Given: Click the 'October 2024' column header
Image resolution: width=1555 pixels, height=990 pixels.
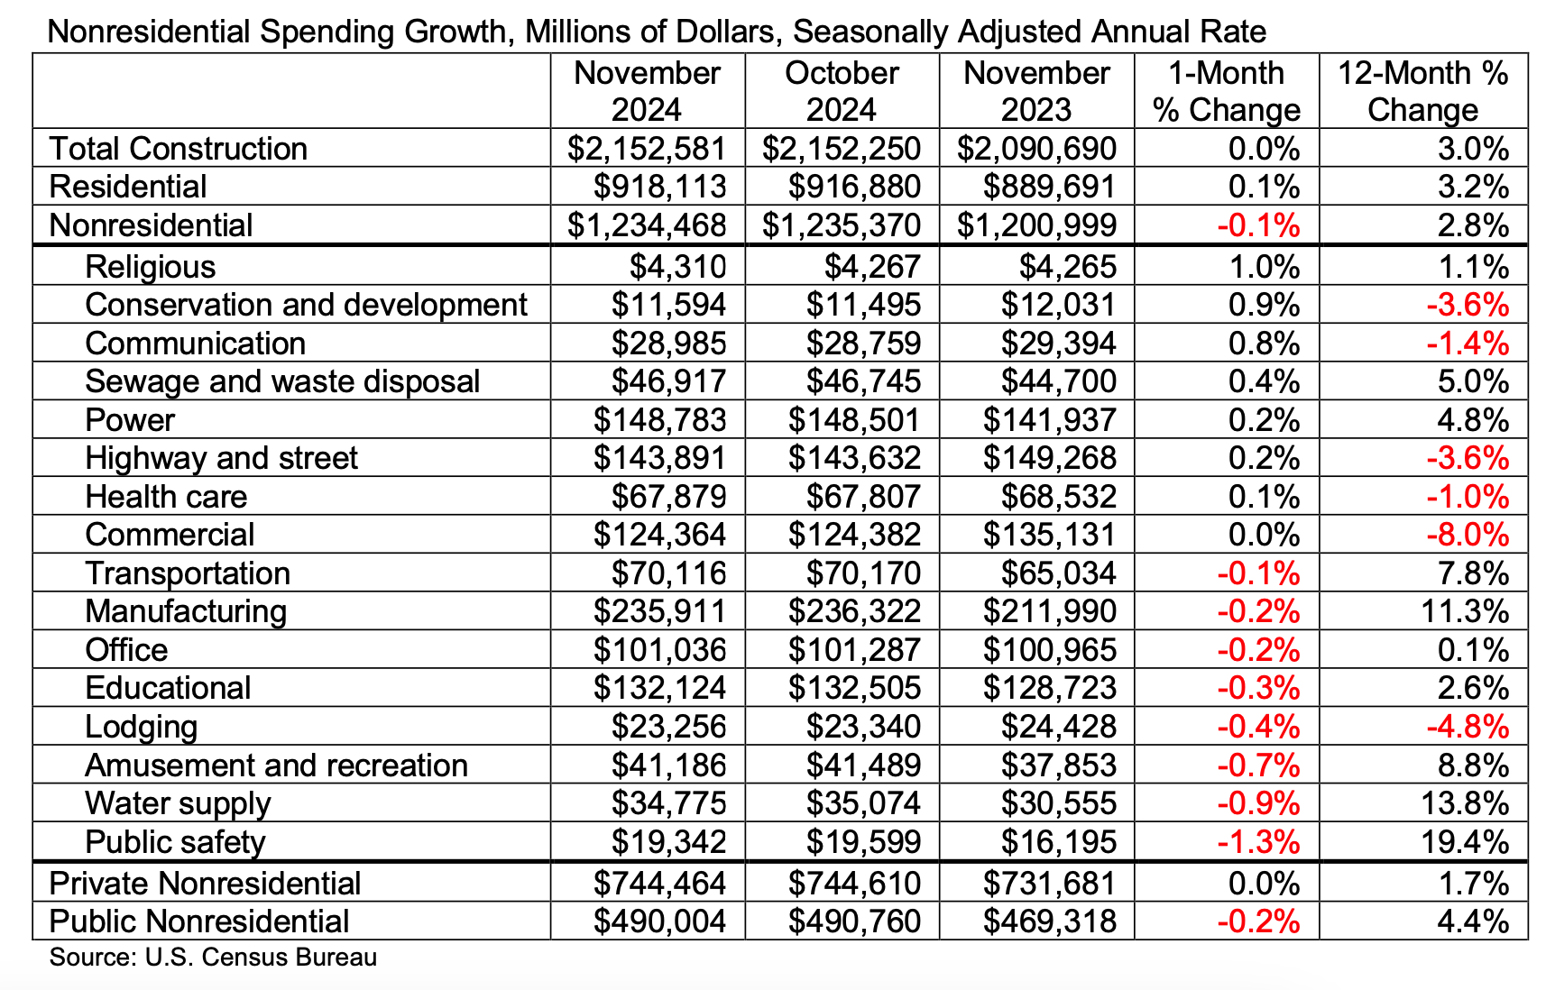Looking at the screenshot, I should [842, 91].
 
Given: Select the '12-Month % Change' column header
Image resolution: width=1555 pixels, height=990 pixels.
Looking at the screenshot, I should [1422, 91].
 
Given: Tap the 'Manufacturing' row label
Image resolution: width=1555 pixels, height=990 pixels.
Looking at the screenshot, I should [186, 611].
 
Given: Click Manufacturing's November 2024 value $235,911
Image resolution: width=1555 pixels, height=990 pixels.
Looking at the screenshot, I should [659, 611].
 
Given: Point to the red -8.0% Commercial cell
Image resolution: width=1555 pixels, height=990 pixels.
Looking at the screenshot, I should [1468, 535].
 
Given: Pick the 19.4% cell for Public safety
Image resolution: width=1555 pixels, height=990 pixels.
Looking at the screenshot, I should [1465, 842].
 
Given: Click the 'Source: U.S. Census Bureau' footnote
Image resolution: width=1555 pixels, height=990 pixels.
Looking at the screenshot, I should [213, 958].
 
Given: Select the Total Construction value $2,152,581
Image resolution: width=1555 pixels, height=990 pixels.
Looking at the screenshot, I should [647, 149].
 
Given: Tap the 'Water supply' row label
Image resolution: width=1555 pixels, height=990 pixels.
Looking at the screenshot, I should [178, 803].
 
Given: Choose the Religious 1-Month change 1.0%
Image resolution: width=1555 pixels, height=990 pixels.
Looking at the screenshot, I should [1264, 267].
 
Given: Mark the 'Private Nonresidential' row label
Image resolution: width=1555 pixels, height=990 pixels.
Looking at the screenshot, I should [205, 884].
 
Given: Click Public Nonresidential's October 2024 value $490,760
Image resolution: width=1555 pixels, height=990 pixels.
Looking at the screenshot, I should [854, 921].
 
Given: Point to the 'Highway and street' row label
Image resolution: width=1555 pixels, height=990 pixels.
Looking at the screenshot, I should [221, 458].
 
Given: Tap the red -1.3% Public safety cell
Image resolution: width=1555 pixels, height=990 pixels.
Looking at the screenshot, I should [1258, 842].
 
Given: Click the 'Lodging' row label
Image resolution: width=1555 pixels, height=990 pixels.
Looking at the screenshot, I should [141, 727].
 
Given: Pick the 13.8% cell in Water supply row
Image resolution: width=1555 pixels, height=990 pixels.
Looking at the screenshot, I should [1465, 803].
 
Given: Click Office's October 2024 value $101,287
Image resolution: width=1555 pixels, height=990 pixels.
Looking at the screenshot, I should [854, 650].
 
